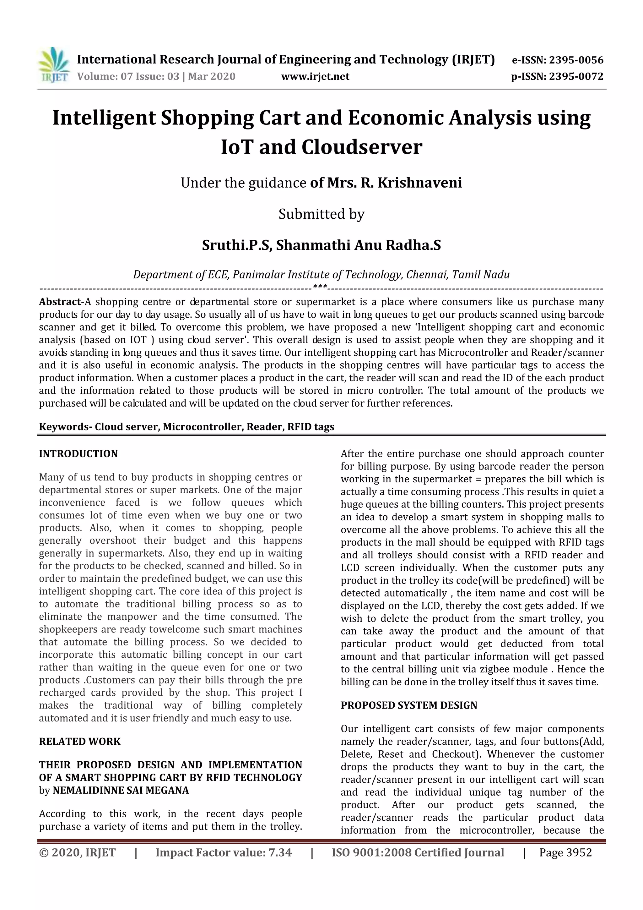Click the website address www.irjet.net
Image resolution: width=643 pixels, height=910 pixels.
point(315,76)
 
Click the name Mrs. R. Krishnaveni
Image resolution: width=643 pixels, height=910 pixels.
point(394,183)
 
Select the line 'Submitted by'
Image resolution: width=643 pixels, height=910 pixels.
point(321,214)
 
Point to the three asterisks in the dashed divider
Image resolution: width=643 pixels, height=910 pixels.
point(320,287)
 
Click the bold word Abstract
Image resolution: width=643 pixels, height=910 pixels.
point(59,302)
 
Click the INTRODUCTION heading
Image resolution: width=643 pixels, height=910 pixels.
point(78,454)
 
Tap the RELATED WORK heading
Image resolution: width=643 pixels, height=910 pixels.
point(79,742)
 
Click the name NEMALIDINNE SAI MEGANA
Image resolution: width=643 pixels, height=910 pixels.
point(121,790)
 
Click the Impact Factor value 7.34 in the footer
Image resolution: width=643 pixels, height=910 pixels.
point(280,852)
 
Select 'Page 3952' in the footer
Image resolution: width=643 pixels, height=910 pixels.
point(565,852)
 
